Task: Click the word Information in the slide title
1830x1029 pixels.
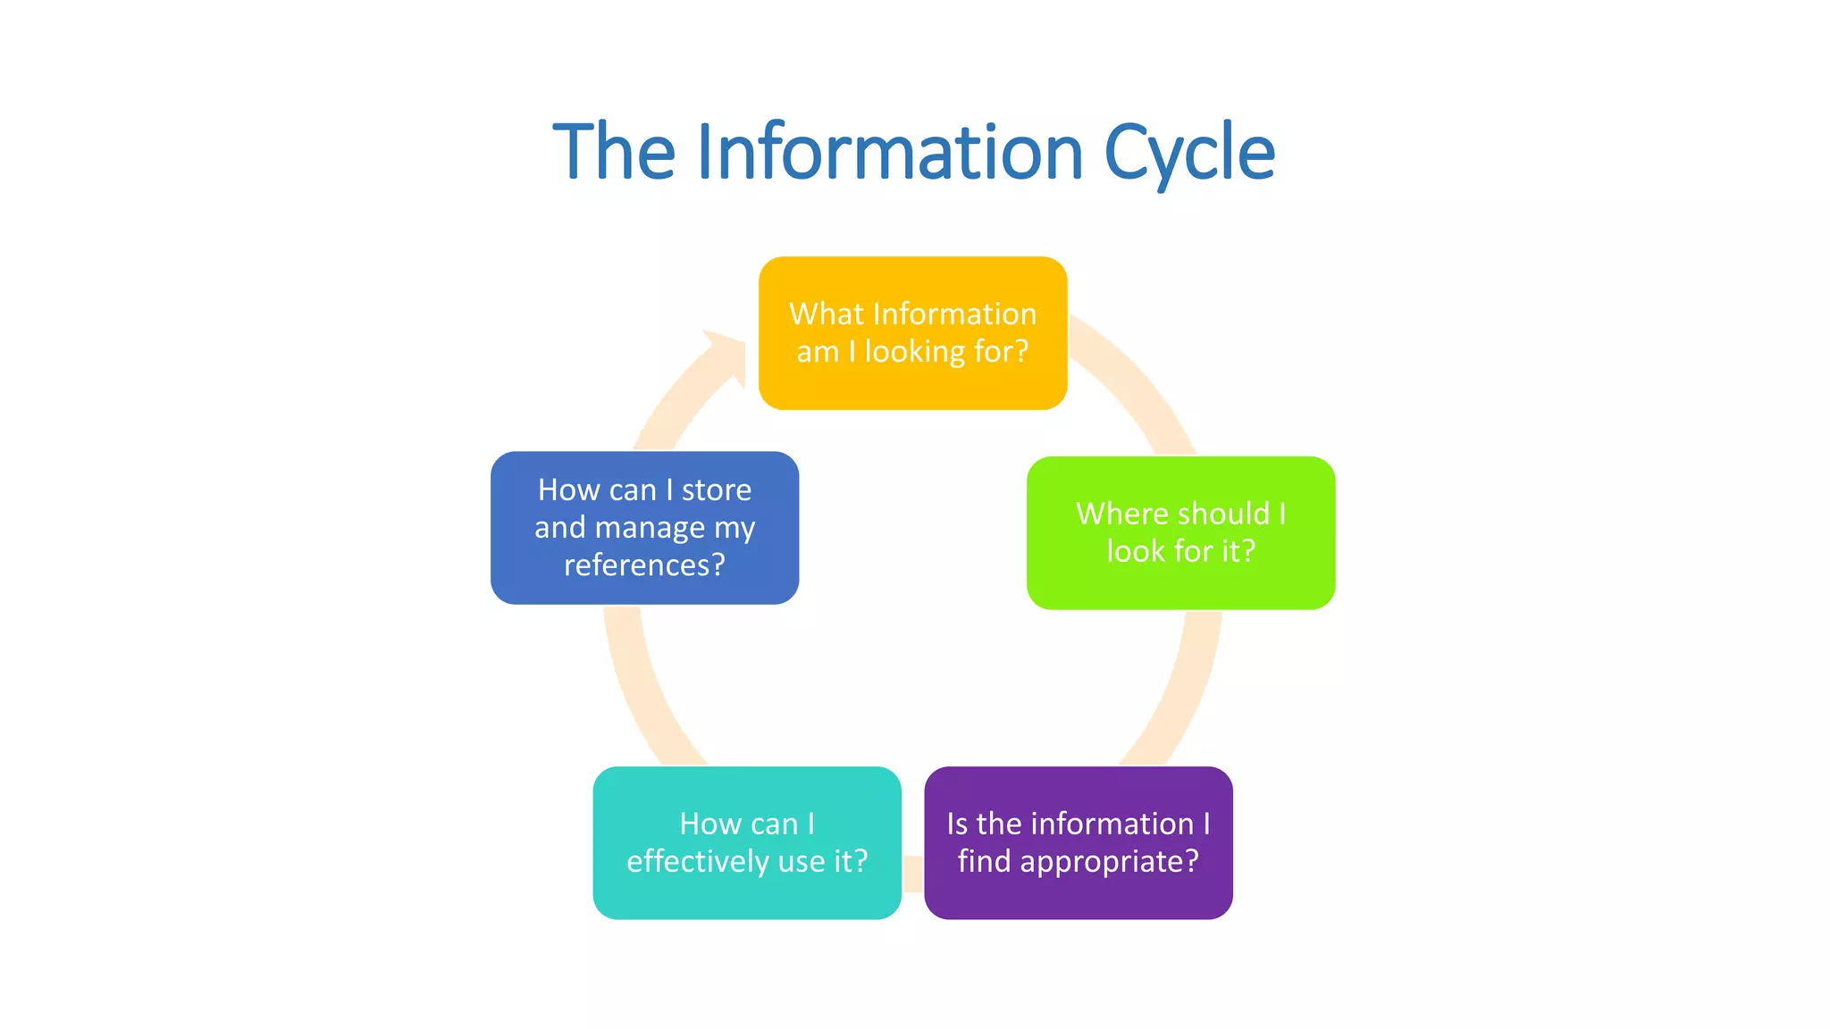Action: tap(890, 152)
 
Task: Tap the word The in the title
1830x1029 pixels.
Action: tap(614, 152)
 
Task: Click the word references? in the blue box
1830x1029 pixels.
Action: tap(644, 565)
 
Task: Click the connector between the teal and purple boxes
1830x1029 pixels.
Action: tap(912, 873)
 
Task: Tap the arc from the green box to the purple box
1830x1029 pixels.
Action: tap(1180, 688)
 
